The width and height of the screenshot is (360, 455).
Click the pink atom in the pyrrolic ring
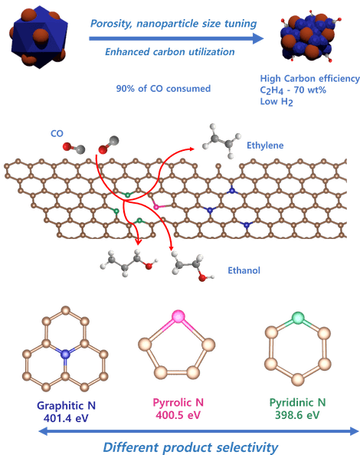(x=178, y=316)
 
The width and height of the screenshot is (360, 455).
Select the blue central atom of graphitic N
(x=65, y=354)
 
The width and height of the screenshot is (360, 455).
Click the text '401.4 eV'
(x=66, y=418)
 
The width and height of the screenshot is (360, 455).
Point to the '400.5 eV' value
(x=178, y=415)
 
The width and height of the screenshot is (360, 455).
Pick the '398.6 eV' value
(x=297, y=415)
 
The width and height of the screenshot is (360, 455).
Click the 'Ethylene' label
(x=265, y=145)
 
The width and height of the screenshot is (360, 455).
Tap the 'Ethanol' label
(x=244, y=270)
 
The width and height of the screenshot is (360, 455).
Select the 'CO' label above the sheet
(x=57, y=133)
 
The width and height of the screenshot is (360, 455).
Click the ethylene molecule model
(x=222, y=140)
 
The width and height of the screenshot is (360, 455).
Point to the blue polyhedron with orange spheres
(x=38, y=35)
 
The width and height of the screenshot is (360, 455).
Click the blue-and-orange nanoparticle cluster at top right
(x=309, y=37)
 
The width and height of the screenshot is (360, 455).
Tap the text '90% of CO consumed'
(x=163, y=89)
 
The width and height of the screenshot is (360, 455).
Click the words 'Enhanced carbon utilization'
(x=170, y=52)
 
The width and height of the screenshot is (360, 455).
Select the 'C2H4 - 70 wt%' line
(x=293, y=90)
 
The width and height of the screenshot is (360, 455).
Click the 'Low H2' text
(x=277, y=102)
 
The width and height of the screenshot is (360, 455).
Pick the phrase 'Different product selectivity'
(x=191, y=447)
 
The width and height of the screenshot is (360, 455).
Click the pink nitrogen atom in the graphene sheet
(x=156, y=207)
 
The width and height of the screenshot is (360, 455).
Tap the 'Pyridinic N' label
(x=298, y=402)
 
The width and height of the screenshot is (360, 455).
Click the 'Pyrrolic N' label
(x=178, y=402)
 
